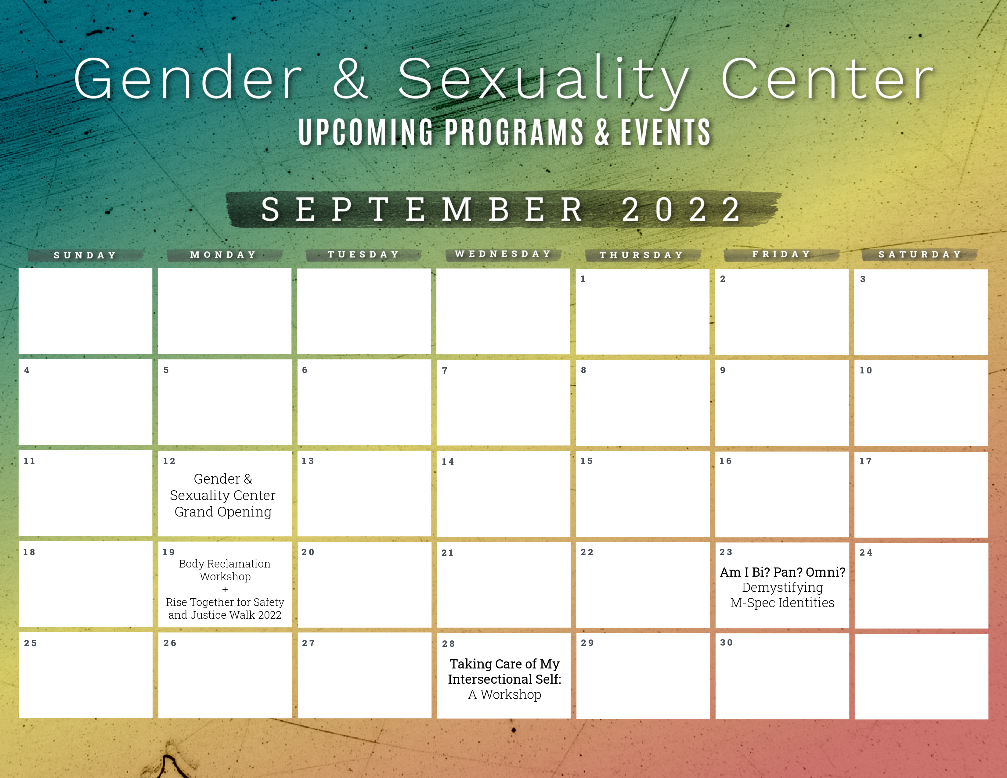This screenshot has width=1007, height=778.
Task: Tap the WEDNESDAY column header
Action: point(503,254)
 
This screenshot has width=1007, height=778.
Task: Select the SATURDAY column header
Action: point(920,254)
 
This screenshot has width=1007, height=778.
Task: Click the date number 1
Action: point(583,279)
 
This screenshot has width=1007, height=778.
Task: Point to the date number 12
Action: point(169,461)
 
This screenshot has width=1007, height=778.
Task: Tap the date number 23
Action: point(726,552)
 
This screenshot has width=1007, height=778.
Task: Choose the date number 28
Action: point(448,644)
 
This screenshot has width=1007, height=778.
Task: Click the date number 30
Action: point(726,643)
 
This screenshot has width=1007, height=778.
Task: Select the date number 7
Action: point(445,371)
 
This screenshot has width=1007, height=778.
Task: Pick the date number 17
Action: point(865,461)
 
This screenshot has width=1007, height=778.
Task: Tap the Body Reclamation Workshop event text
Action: point(225,570)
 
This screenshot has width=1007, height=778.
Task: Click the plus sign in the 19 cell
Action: point(225,589)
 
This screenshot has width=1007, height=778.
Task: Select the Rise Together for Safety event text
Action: point(225,608)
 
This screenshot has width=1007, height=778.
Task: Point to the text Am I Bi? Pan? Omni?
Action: point(782,572)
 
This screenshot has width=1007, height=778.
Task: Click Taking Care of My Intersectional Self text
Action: point(504,672)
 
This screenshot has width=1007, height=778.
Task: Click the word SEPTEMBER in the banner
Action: point(422,209)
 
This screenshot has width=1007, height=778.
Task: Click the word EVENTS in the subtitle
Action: point(665,133)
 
